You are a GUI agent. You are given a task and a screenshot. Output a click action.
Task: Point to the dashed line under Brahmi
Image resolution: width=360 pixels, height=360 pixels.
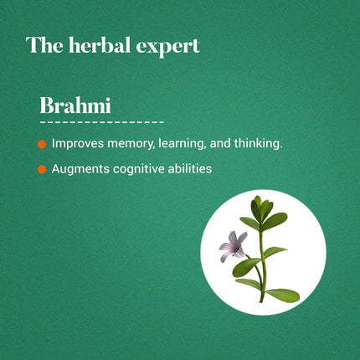pyautogui.click(x=101, y=122)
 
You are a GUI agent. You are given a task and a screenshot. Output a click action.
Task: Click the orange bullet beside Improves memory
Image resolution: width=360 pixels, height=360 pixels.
pyautogui.click(x=42, y=145)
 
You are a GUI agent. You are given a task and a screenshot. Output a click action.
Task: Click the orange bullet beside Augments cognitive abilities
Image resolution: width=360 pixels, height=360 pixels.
pyautogui.click(x=42, y=170)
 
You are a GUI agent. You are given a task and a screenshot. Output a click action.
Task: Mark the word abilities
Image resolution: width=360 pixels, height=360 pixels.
pyautogui.click(x=188, y=169)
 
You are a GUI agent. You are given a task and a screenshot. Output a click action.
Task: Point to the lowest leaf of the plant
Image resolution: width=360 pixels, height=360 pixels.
pyautogui.click(x=284, y=294)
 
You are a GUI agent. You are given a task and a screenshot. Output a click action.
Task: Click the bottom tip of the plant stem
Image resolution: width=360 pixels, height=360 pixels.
pyautogui.click(x=263, y=301)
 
